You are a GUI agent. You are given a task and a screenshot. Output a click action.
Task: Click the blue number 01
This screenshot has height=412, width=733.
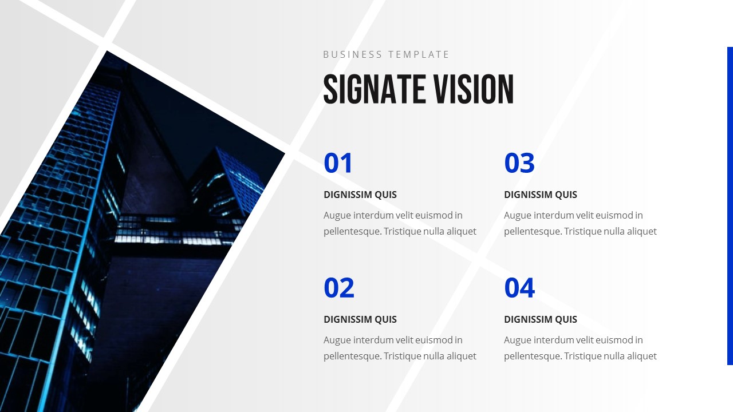point(338,163)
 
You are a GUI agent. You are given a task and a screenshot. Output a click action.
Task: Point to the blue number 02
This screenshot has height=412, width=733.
point(338,288)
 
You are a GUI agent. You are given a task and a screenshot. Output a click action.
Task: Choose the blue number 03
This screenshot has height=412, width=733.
point(519,163)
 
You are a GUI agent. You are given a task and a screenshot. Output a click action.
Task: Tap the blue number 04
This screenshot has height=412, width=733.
point(519,288)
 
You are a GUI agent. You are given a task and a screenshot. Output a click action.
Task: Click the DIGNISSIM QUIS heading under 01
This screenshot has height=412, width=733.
point(360,195)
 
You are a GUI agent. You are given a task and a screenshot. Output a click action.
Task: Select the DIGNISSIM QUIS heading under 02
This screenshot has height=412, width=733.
point(360,319)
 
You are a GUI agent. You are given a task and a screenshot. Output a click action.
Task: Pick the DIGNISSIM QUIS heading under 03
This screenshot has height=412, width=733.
point(540,195)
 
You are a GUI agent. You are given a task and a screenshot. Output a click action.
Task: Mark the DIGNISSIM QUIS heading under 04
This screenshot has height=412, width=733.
point(540,319)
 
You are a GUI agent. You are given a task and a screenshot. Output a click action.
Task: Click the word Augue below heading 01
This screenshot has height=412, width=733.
point(337,215)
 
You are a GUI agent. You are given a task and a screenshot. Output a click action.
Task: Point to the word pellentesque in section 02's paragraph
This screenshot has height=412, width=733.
point(352,356)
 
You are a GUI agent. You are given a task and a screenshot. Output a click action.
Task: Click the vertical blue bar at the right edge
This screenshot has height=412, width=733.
point(730,206)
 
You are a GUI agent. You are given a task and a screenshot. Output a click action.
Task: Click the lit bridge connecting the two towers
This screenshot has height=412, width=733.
point(172,229)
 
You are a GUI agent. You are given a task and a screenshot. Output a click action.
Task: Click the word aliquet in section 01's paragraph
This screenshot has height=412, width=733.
point(461,231)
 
